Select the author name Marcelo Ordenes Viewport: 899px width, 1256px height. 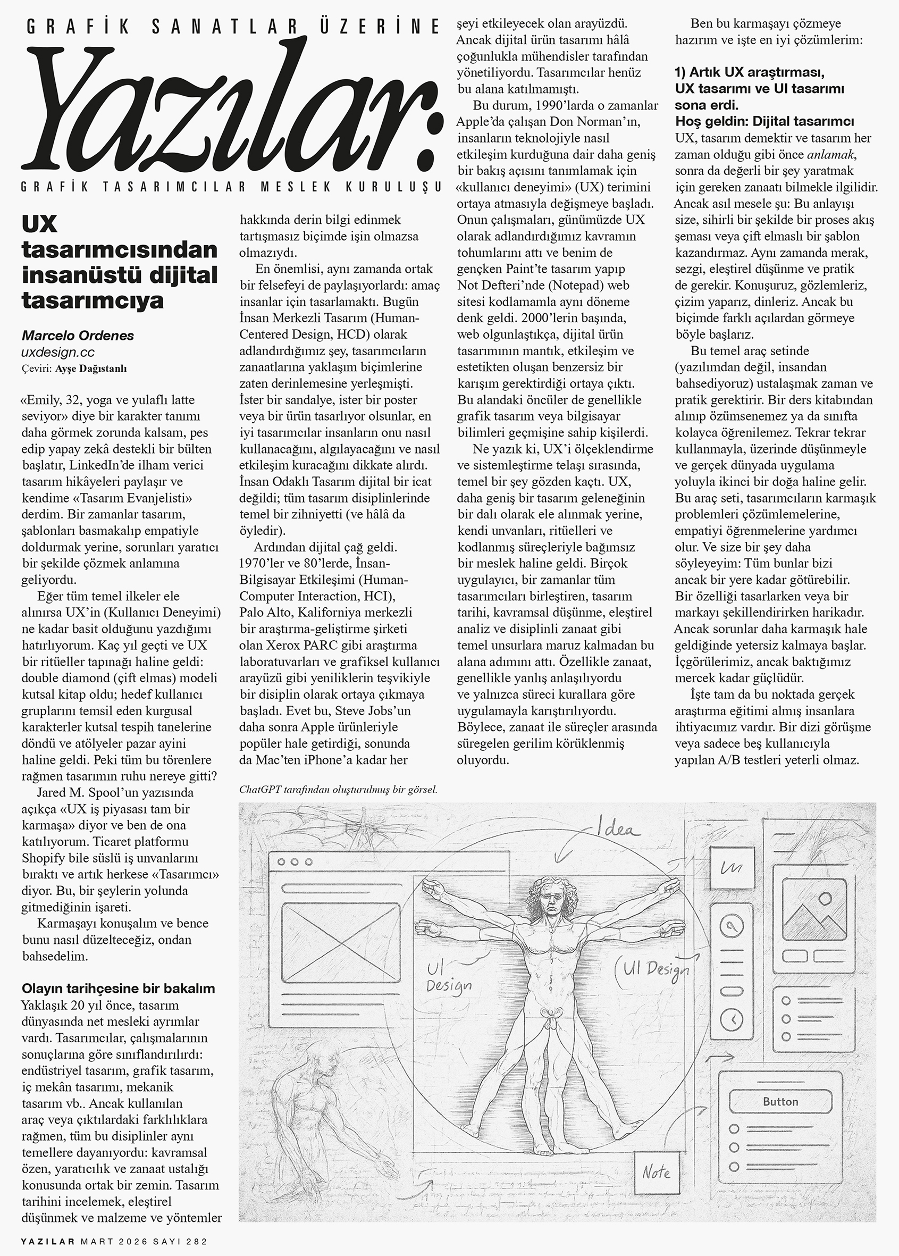[78, 336]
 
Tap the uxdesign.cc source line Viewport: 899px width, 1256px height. [57, 352]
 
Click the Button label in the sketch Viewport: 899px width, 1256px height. [780, 1102]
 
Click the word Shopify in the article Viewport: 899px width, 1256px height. [44, 858]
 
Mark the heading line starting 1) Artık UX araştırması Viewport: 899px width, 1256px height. [750, 72]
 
